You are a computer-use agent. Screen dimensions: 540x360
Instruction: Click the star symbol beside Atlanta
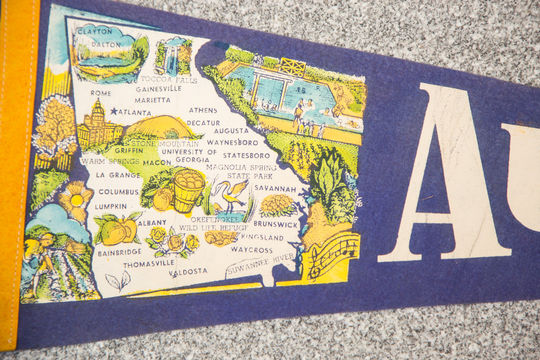[114, 111]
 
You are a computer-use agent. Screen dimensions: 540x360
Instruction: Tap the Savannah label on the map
[275, 188]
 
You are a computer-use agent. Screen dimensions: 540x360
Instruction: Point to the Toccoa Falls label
[169, 80]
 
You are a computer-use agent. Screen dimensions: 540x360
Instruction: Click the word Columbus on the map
[118, 192]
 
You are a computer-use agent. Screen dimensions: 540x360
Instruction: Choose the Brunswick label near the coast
[276, 224]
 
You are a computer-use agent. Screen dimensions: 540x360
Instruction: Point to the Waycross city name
[252, 250]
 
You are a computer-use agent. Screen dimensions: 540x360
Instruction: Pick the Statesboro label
[246, 156]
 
